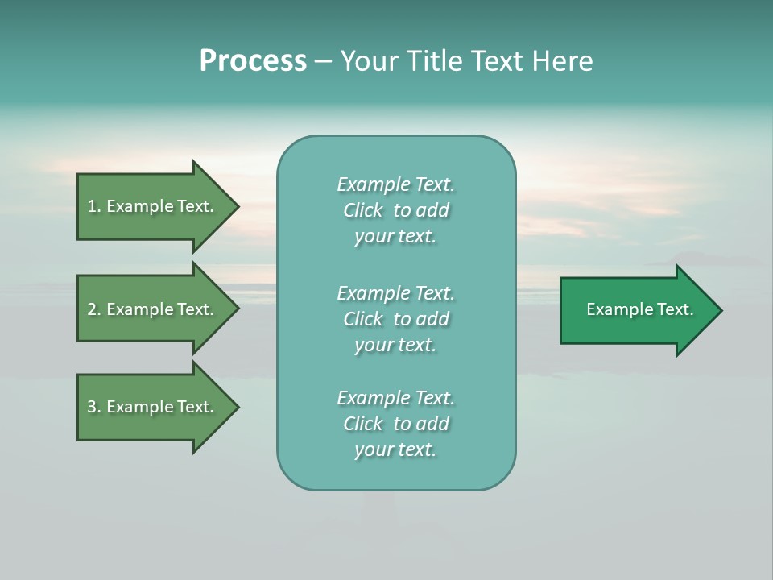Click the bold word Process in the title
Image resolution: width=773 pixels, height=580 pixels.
pos(253,61)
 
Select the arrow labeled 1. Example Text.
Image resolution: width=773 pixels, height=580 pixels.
pos(150,206)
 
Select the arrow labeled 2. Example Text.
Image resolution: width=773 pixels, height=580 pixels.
pos(150,309)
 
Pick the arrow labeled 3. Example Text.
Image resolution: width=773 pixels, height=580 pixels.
pos(150,407)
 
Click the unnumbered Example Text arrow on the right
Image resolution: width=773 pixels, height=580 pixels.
pos(639,309)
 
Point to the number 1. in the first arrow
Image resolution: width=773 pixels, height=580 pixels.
pos(94,206)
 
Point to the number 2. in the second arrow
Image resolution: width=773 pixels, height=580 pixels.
pos(94,309)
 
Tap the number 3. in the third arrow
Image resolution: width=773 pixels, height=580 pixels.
pos(94,407)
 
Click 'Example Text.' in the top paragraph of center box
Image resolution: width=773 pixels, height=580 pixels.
pos(395,184)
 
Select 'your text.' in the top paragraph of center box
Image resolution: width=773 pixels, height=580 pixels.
pos(395,236)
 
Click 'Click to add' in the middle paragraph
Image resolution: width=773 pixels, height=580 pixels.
pos(395,319)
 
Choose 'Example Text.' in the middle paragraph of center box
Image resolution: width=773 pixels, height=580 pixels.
pos(395,293)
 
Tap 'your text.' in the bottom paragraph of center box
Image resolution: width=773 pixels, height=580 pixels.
pos(395,449)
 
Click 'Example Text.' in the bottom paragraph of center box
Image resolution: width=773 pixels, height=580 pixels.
pos(395,398)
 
